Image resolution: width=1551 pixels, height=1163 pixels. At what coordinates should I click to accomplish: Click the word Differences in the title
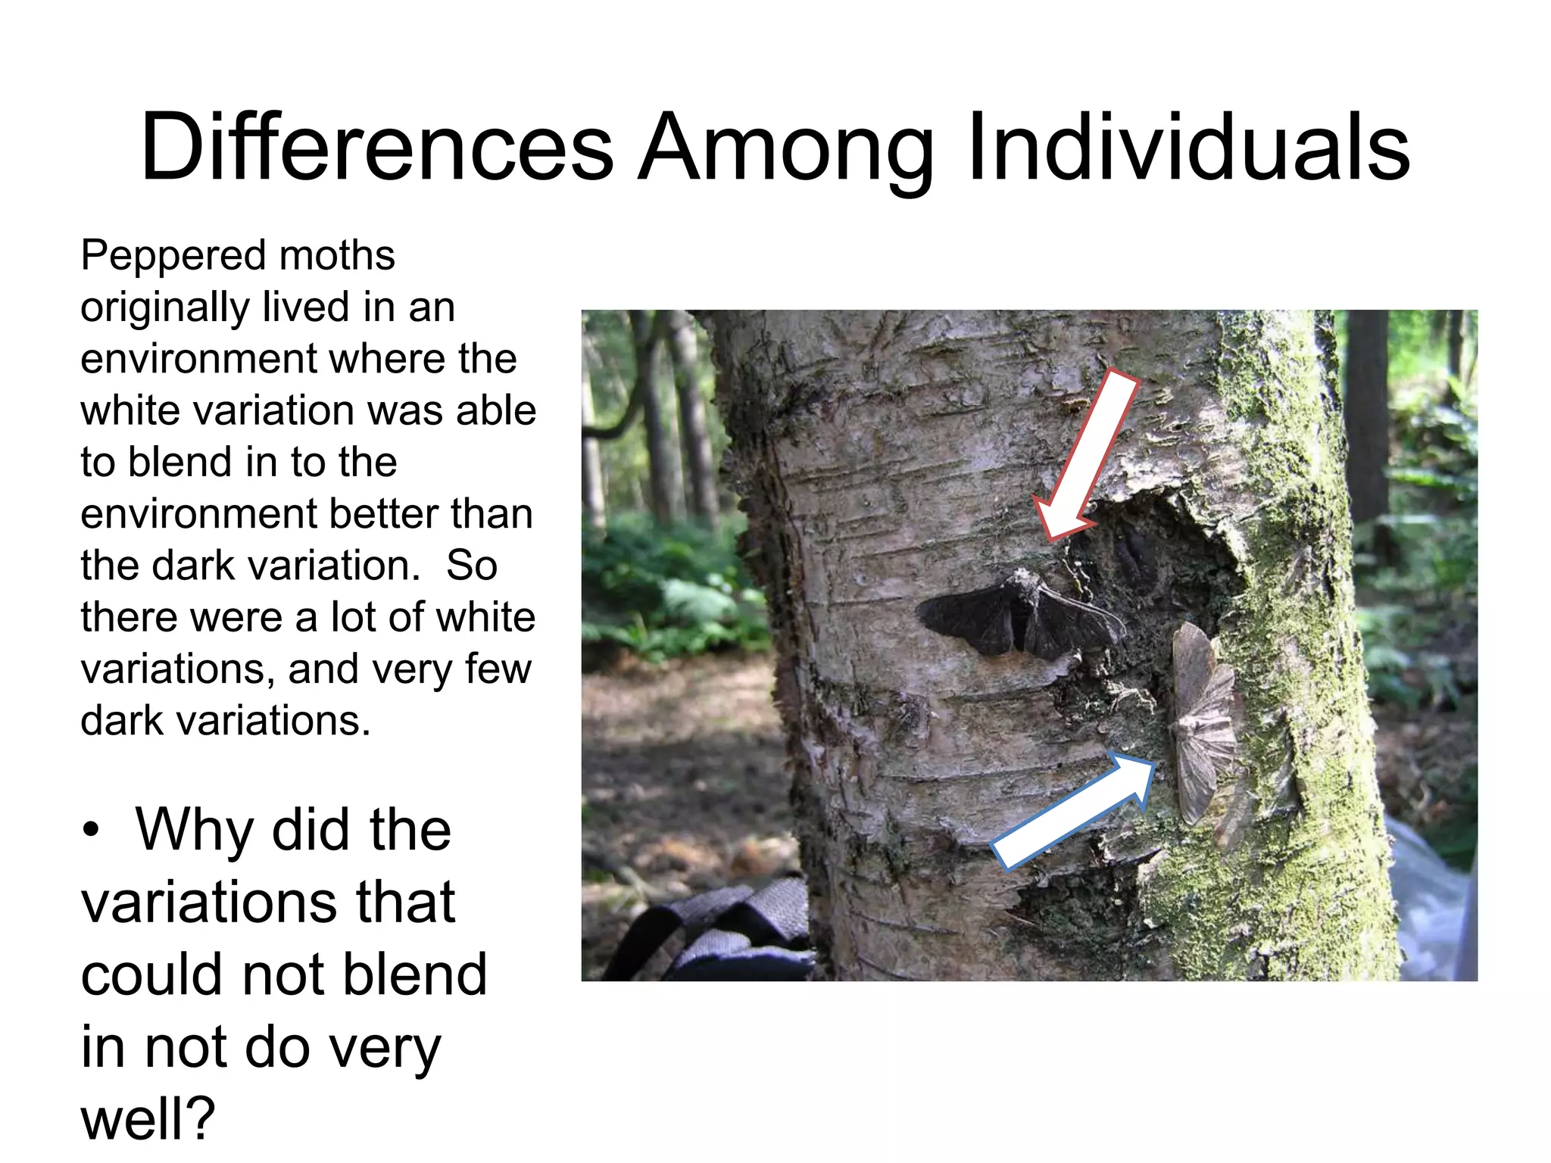(x=376, y=148)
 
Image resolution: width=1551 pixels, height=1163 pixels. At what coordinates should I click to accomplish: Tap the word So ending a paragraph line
(x=471, y=566)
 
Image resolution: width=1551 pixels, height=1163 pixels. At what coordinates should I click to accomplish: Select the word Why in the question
(x=194, y=831)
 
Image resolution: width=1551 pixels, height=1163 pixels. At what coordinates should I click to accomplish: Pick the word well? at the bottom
(x=148, y=1119)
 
